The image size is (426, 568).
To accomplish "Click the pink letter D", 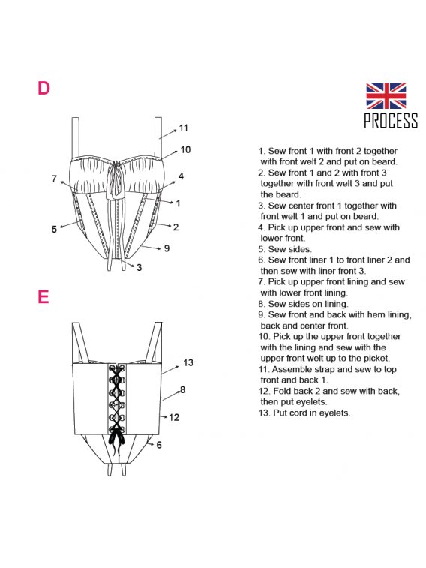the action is click(x=43, y=88).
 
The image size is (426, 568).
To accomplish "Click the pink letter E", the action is click(x=43, y=296).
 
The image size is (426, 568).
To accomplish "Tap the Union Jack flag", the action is click(x=385, y=95).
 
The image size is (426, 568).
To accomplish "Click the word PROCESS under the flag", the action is click(x=391, y=120).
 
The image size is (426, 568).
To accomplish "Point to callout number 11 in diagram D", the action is click(x=184, y=128).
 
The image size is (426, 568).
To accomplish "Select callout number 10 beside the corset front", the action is click(x=185, y=149).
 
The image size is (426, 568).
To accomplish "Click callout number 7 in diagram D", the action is click(x=54, y=179).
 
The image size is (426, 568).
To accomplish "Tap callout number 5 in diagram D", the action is click(x=54, y=229).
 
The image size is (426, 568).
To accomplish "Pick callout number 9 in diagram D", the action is click(x=166, y=248).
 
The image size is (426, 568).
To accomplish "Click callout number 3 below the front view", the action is click(x=139, y=267).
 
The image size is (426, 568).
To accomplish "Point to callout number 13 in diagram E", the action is click(x=188, y=362).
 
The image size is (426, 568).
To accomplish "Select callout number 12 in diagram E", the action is click(x=174, y=417).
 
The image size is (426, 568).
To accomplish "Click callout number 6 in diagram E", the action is click(x=159, y=445).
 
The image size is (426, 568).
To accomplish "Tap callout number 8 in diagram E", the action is click(x=182, y=389).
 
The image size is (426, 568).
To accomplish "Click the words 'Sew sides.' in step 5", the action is click(x=290, y=249).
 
